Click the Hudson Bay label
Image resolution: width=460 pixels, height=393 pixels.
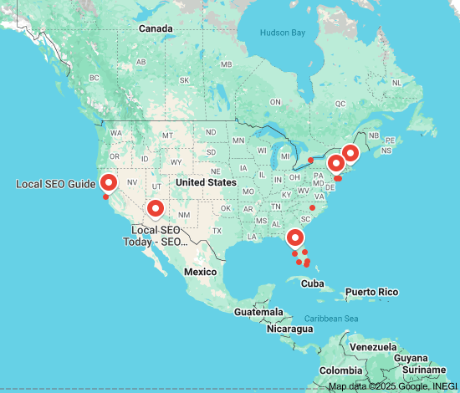pos(283,33)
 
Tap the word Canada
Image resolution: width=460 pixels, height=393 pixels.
pos(156,28)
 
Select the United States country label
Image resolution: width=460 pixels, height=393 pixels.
pos(206,182)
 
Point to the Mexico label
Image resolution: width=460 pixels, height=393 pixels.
pos(201,272)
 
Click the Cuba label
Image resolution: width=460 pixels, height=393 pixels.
pos(312,283)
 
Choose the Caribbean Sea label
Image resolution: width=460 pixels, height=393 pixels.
pos(330,319)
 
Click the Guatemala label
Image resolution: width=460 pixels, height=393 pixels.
pos(258,312)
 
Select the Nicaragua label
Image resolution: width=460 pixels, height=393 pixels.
pos(289,329)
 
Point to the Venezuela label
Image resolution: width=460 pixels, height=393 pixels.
pos(373,347)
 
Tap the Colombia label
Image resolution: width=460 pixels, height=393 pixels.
pos(340,370)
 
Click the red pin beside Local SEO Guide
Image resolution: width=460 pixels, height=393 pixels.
pos(108,183)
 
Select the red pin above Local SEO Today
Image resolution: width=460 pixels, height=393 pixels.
pos(154,209)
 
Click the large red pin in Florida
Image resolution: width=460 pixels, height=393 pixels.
pos(294,237)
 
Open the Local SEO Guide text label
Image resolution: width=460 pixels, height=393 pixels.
pos(55,184)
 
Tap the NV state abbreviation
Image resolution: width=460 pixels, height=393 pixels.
pos(132,182)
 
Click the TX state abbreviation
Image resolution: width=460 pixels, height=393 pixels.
pos(217,231)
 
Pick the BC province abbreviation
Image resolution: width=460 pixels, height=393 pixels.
pos(94,78)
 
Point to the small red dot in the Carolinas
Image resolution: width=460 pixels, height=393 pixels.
pos(312,207)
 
